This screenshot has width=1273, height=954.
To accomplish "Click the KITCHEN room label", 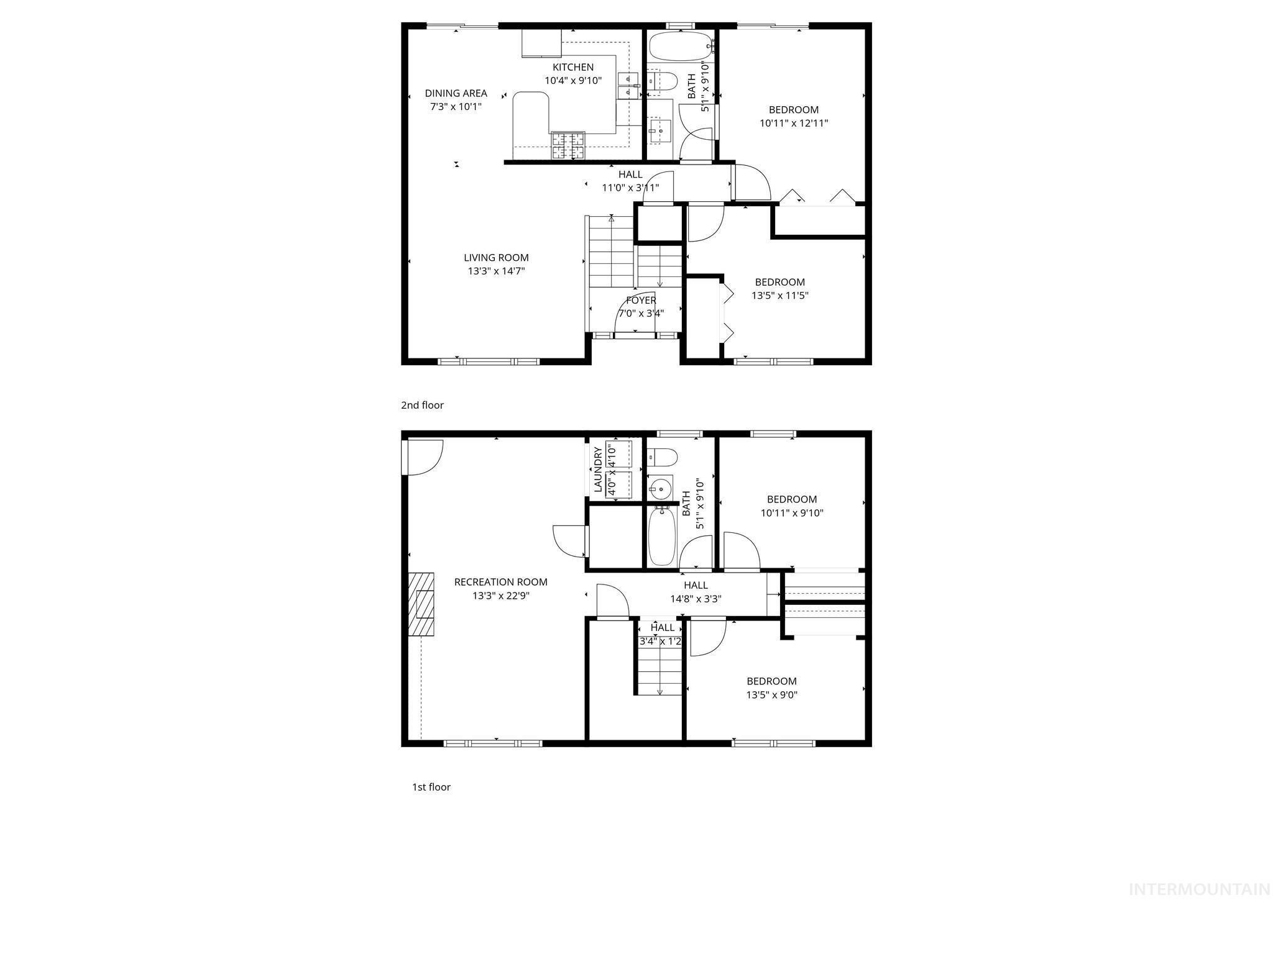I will click(x=573, y=67).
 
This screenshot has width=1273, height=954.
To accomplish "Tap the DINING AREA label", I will click(x=456, y=93).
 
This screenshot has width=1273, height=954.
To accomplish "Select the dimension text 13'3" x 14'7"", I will click(x=496, y=271).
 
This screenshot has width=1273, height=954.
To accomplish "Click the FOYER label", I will click(x=641, y=301).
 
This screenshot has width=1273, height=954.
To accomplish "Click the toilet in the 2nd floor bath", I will click(x=664, y=81).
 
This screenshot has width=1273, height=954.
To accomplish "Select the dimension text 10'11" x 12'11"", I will click(x=793, y=123).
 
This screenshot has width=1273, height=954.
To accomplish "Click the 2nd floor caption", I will click(x=422, y=405).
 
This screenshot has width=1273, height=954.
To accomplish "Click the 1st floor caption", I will click(x=431, y=787).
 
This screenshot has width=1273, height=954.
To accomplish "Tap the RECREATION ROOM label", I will click(x=500, y=582).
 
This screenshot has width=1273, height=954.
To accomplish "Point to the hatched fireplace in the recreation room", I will click(x=421, y=604).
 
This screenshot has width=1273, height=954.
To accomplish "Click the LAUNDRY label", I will click(x=598, y=470).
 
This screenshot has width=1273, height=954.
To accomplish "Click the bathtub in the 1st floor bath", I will click(x=662, y=536).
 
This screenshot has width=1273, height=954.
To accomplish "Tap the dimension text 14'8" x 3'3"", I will click(x=695, y=599).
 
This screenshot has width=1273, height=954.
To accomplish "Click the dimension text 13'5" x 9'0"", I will click(x=771, y=694).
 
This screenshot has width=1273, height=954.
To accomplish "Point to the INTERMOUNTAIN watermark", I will click(x=1198, y=889).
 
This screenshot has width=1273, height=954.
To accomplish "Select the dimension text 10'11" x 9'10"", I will click(x=792, y=513).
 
